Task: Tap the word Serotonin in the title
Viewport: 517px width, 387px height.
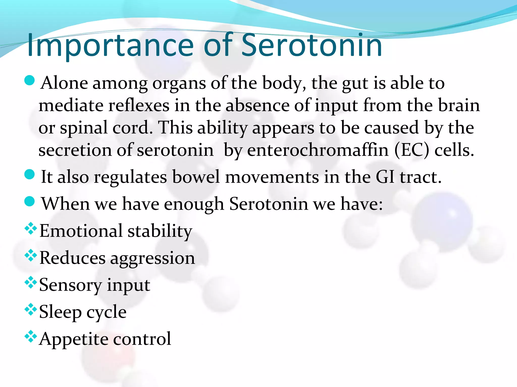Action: coord(312,45)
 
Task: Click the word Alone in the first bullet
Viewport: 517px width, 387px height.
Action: coord(64,83)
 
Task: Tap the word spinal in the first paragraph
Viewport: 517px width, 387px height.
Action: coord(84,128)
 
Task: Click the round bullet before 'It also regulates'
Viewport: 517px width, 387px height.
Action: coord(30,174)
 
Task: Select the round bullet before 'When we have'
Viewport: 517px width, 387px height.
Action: coord(30,201)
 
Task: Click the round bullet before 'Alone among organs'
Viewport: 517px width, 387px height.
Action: coord(30,81)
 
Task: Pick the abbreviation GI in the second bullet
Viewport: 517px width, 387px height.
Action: coord(385,177)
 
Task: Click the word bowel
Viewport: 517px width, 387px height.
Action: coord(196,177)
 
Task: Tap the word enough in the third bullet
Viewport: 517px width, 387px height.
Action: coord(194,204)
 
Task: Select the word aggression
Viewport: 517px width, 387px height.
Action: coord(152,258)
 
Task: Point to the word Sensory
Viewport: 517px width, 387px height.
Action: coord(70,285)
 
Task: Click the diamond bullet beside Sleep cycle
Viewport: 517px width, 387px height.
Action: coord(31,309)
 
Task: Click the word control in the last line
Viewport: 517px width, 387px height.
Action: coord(142,339)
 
